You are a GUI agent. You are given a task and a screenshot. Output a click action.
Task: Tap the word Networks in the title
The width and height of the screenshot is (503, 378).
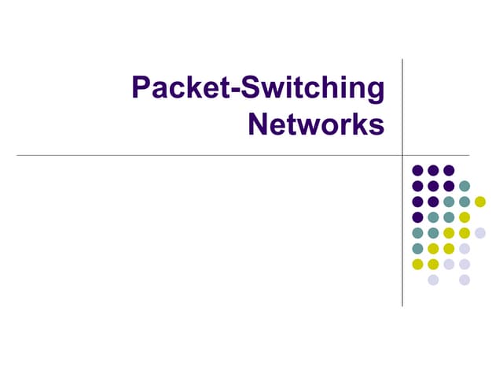(x=316, y=124)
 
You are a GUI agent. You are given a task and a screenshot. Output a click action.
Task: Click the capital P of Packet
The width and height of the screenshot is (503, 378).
(x=141, y=88)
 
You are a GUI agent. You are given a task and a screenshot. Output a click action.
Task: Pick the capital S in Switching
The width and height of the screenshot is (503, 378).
(x=251, y=88)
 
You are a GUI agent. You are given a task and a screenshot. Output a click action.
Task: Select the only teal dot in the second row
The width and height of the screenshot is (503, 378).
(x=464, y=186)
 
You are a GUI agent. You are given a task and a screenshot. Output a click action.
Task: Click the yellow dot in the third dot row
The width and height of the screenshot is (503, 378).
(x=480, y=202)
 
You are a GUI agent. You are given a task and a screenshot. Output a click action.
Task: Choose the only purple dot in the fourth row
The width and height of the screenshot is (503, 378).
(x=417, y=217)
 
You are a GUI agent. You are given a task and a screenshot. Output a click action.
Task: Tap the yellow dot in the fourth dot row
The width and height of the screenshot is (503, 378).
(x=464, y=217)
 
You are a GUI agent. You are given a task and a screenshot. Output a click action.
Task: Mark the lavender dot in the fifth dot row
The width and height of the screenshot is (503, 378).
(x=480, y=232)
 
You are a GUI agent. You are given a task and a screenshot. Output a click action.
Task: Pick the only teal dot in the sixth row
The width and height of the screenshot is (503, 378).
(x=417, y=248)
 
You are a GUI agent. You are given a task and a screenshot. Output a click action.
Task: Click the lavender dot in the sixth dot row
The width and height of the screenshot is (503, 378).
(x=464, y=248)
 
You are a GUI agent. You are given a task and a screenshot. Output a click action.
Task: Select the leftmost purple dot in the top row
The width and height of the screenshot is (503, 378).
(x=417, y=170)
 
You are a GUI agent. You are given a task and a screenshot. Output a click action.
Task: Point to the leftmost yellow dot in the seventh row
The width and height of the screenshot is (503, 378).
(x=417, y=264)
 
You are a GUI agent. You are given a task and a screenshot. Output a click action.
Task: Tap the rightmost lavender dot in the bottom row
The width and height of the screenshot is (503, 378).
(x=464, y=280)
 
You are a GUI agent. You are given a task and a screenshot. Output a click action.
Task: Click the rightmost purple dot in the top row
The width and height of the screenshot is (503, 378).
(x=449, y=170)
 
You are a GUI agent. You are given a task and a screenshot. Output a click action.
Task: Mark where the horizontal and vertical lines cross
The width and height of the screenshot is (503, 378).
(x=402, y=155)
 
